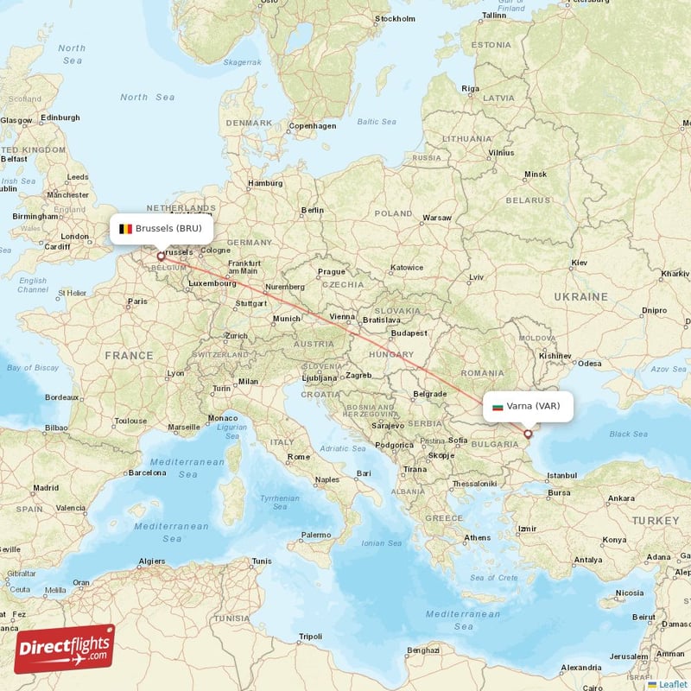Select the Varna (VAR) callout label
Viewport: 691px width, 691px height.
tap(527, 406)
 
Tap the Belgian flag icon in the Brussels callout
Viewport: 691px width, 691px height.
tap(126, 229)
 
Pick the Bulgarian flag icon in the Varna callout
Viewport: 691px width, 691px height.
tap(498, 406)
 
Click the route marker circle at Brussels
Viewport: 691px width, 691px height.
tap(161, 256)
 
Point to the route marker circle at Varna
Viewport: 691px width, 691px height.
tap(528, 434)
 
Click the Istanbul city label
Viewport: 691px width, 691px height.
tap(561, 475)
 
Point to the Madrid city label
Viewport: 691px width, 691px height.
tap(46, 488)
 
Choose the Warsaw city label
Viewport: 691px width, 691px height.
tap(437, 218)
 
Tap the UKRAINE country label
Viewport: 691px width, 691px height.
tap(580, 296)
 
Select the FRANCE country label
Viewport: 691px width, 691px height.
tap(129, 355)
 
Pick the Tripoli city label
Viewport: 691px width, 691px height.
tap(310, 637)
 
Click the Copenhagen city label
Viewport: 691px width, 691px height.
tap(313, 126)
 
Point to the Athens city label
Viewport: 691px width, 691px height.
tap(477, 537)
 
